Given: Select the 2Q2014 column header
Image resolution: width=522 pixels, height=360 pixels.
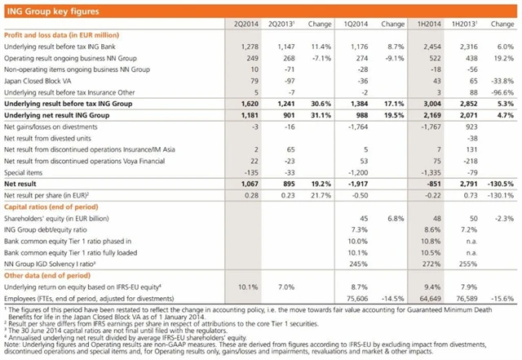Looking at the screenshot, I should (x=237, y=24).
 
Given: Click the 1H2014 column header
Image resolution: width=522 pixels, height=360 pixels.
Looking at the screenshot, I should (x=429, y=24).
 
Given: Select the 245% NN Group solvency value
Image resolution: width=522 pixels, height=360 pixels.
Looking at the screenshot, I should (x=361, y=264).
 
